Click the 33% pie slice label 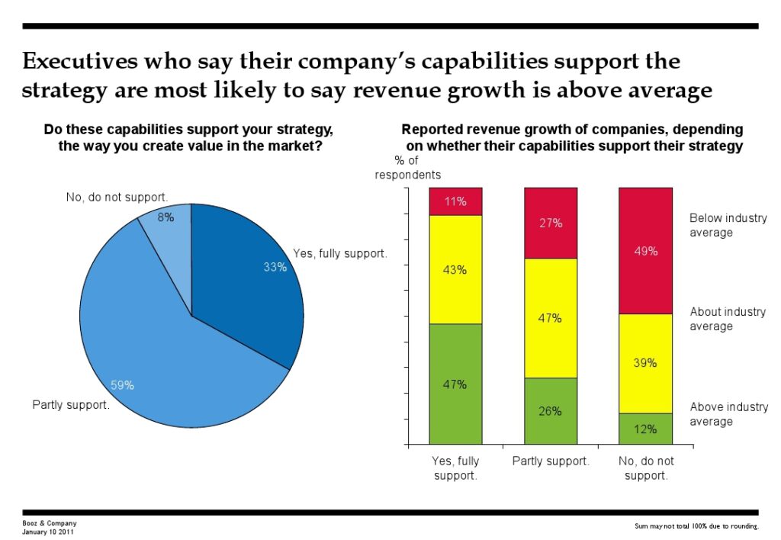click(x=275, y=267)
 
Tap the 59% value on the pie click(x=123, y=385)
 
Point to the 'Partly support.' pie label click(x=71, y=405)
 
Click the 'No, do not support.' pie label click(x=117, y=198)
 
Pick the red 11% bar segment click(x=455, y=201)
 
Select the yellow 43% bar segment click(x=455, y=269)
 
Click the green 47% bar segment click(x=455, y=384)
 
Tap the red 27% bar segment click(x=551, y=223)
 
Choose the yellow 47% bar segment click(x=551, y=318)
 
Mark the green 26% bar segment click(x=551, y=411)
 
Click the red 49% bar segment click(x=645, y=250)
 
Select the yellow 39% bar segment click(x=645, y=363)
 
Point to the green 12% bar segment click(x=645, y=429)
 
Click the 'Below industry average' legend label click(x=728, y=225)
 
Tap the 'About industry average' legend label click(x=728, y=319)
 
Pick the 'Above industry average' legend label click(x=728, y=414)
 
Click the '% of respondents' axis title click(x=407, y=167)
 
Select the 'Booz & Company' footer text click(x=50, y=523)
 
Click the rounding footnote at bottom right click(x=696, y=526)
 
